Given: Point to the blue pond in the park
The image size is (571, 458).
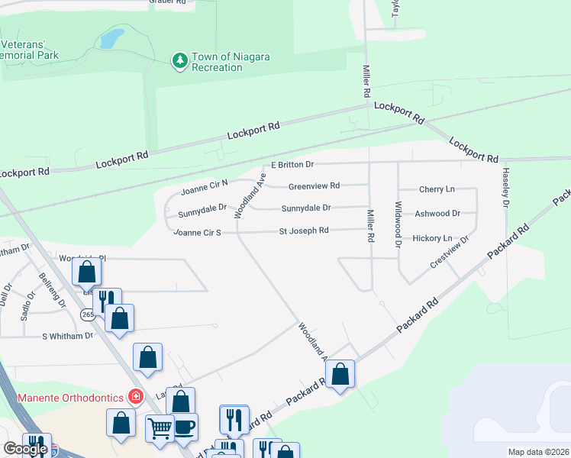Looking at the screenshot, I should (111, 37).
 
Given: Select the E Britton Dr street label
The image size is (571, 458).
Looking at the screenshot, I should (292, 165).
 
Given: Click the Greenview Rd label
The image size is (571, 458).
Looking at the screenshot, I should (314, 185).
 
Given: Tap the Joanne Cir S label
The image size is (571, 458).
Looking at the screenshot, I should (197, 232).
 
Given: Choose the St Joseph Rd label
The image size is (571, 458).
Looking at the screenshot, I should (304, 231).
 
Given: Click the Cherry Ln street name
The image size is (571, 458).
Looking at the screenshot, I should (437, 189).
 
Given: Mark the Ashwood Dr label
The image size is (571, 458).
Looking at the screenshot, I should (437, 214).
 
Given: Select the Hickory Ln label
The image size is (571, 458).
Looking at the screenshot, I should (432, 238).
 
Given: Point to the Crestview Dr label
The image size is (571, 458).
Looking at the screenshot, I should (449, 251).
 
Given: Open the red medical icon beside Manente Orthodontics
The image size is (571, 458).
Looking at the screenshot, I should (135, 396).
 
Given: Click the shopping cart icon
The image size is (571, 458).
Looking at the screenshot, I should (160, 427).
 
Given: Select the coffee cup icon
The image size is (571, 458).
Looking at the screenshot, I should (184, 425).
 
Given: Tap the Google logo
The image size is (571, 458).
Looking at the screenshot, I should (25, 449).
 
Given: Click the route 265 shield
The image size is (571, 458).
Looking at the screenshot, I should (89, 314).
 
